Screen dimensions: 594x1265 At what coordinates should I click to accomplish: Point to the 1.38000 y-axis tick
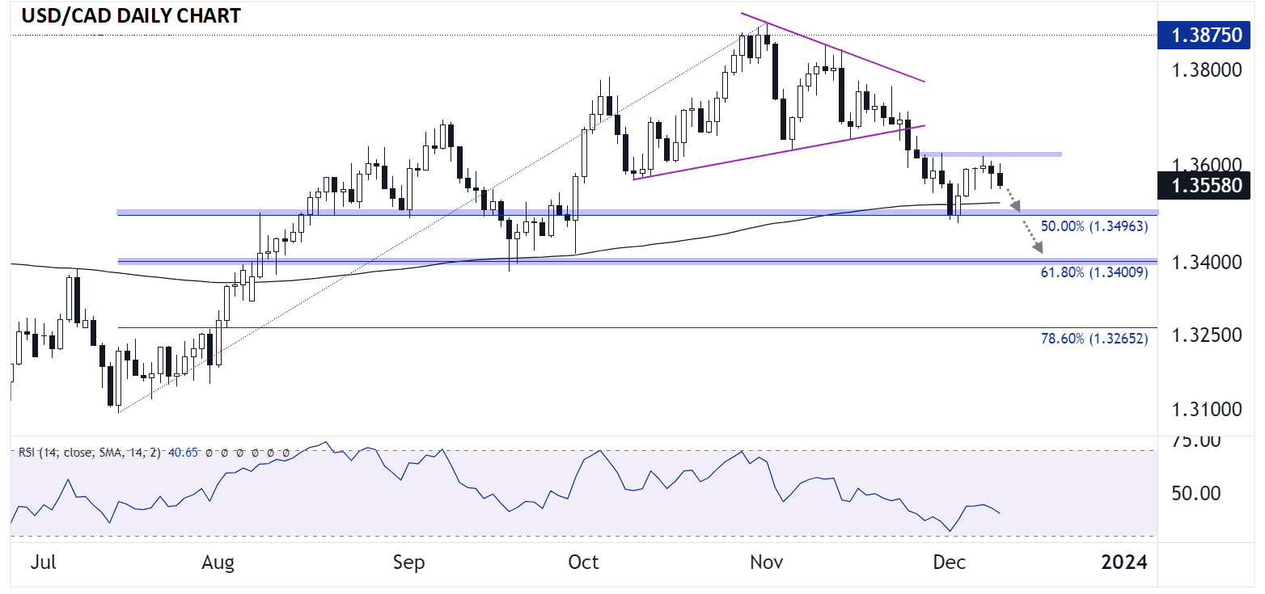click(x=1206, y=70)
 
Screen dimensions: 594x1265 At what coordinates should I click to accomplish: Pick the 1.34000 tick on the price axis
click(x=1206, y=262)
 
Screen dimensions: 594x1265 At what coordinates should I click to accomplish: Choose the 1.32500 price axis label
click(x=1206, y=335)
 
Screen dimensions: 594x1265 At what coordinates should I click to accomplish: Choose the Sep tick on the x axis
click(x=408, y=562)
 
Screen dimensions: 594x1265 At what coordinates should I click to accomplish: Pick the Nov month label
click(x=765, y=562)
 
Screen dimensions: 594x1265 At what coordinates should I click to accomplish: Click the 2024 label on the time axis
click(x=1124, y=562)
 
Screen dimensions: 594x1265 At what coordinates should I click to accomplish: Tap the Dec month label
click(x=950, y=562)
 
